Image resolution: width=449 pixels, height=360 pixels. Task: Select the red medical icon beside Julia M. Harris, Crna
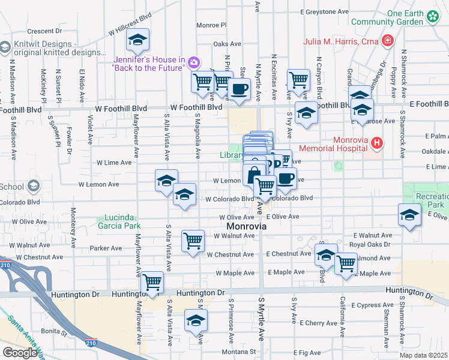point(388,41)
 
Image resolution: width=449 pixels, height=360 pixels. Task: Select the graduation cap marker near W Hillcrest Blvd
point(137,41)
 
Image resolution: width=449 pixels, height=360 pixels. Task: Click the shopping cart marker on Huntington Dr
point(153,281)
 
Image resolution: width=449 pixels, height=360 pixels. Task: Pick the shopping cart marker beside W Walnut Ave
point(193,241)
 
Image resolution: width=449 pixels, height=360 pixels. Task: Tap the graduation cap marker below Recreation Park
point(409,215)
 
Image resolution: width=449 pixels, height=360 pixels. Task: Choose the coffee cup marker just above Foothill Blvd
point(240,90)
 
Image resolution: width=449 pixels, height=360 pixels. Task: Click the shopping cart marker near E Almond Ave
point(346,263)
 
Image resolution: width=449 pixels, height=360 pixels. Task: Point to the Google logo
point(20,353)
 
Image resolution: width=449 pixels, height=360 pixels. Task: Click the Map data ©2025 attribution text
point(424,355)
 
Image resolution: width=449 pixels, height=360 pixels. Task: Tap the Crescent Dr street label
point(45,31)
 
